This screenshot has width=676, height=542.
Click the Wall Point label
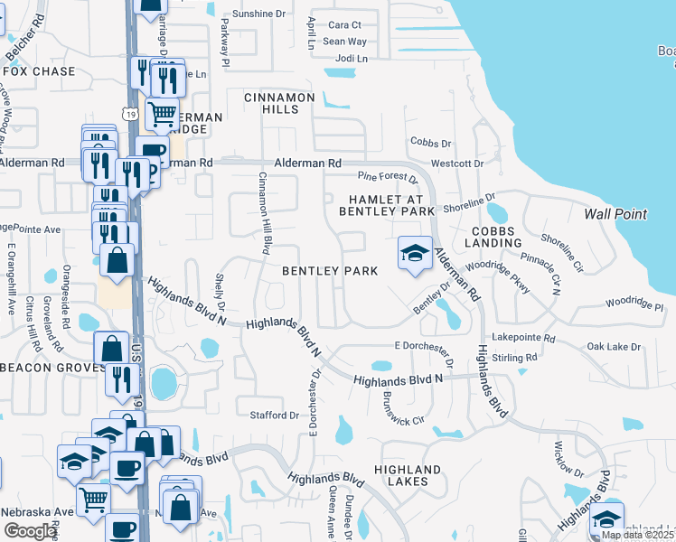615,214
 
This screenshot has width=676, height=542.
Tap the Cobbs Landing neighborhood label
492,238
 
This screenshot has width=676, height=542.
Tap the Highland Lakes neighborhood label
408,475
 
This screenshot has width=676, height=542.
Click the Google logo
30,531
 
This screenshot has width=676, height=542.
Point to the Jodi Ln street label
352,59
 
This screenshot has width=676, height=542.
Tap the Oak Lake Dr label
613,347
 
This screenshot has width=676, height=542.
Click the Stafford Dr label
274,416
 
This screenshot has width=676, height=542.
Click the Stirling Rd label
515,358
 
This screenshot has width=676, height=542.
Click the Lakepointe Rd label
524,337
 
